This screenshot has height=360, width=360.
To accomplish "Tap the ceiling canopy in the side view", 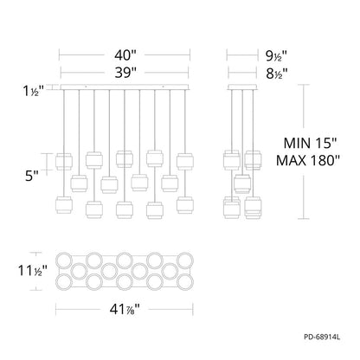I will point(243,88).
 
